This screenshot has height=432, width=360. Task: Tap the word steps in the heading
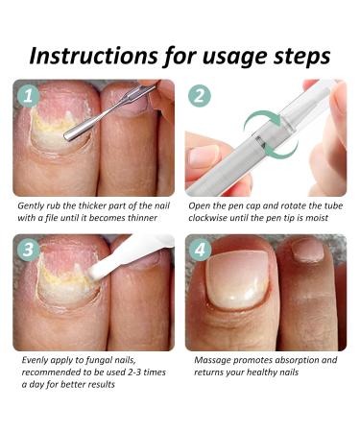click(x=301, y=57)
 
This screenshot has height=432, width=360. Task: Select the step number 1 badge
click(x=29, y=95)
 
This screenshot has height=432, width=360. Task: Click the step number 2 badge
click(x=200, y=95)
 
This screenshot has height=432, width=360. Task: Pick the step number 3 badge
click(x=29, y=250)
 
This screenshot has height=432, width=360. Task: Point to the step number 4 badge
click(x=200, y=250)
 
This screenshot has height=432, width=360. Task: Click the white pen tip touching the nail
click(x=96, y=271)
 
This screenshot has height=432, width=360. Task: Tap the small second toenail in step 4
click(x=308, y=250)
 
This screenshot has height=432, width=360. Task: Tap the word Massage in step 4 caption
click(x=212, y=361)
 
